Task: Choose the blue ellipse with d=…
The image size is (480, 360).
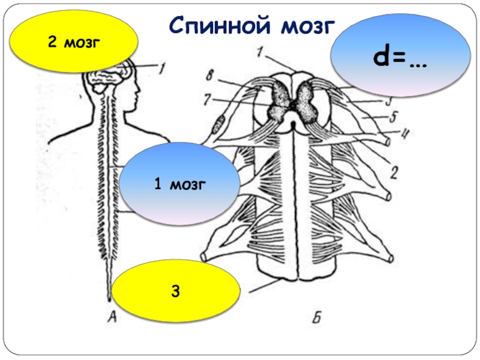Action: pyautogui.click(x=397, y=58)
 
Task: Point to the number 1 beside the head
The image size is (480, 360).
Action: pyautogui.click(x=160, y=69)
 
